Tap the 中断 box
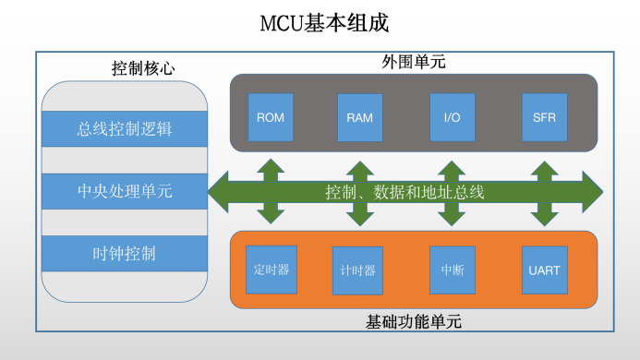453,270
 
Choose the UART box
544,270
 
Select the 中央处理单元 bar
125,191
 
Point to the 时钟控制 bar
125,253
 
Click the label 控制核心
143,68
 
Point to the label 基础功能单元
414,322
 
